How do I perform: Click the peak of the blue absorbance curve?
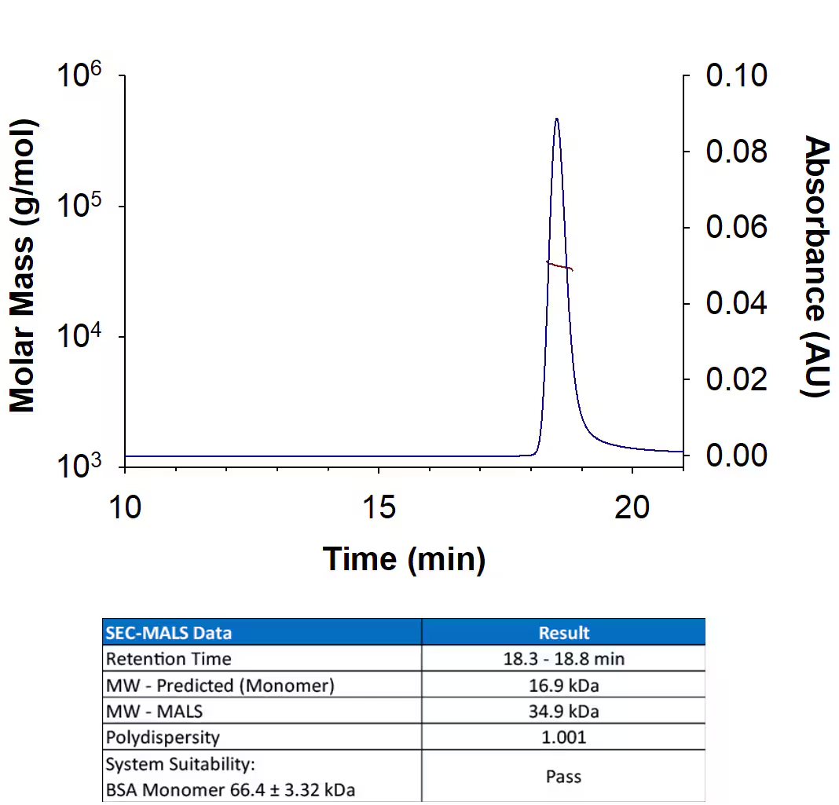(556, 119)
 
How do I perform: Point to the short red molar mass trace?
(559, 266)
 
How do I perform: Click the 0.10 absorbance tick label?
(736, 76)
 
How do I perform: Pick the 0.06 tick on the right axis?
(736, 228)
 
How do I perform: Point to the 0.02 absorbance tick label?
(736, 379)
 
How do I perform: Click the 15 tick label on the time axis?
(379, 507)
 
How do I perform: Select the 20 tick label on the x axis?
(632, 507)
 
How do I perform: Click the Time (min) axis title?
(404, 559)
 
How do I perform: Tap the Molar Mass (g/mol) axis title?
(24, 265)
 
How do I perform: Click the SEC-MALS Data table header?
(169, 632)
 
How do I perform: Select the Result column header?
(563, 632)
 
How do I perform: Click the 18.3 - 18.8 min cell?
(563, 659)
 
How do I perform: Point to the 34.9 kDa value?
(563, 712)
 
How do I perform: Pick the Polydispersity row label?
(163, 737)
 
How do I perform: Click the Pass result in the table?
(563, 776)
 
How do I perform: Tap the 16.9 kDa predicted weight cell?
(563, 685)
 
